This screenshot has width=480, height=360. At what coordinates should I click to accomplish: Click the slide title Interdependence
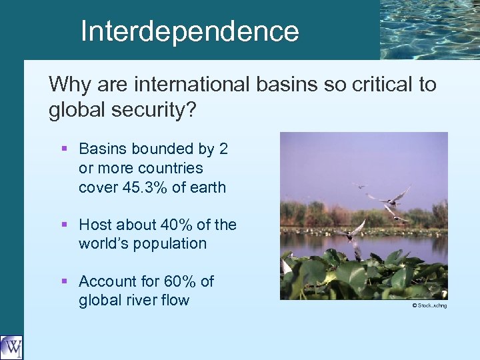pyautogui.click(x=189, y=31)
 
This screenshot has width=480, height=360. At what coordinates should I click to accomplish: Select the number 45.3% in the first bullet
pyautogui.click(x=145, y=187)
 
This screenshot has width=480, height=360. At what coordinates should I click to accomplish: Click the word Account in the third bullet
pyautogui.click(x=106, y=281)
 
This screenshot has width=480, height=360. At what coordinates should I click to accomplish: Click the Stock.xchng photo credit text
pyautogui.click(x=429, y=306)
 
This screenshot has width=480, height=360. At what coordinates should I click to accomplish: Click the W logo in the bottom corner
pyautogui.click(x=11, y=347)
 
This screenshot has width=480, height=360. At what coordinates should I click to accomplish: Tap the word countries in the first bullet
pyautogui.click(x=169, y=168)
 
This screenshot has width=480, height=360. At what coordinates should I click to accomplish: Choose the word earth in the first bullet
pyautogui.click(x=207, y=187)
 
